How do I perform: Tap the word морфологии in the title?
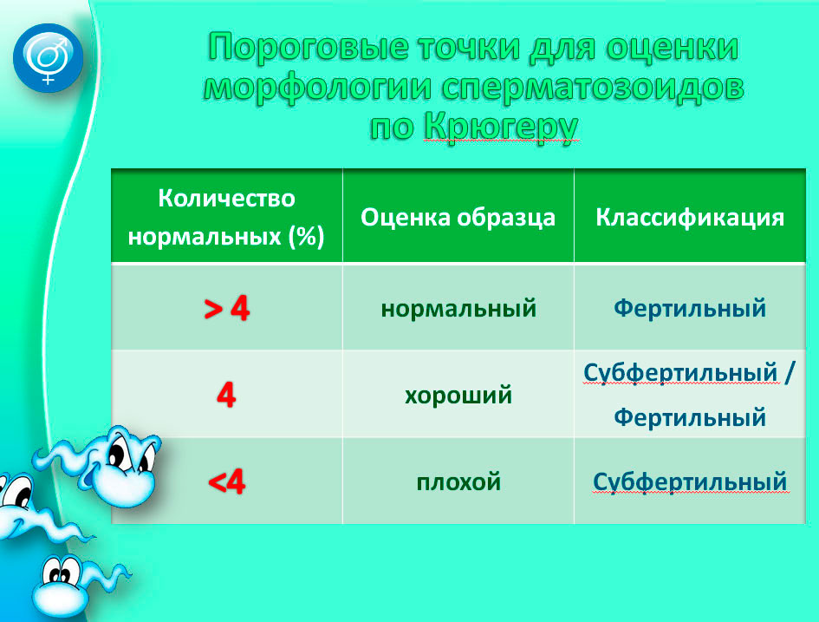point(320,88)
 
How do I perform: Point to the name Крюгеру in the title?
point(499,127)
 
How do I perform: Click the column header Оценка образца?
point(458,217)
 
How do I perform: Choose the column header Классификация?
point(689,217)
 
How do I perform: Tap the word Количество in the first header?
point(226,199)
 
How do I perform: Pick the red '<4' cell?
point(226,482)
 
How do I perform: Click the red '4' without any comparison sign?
point(226,396)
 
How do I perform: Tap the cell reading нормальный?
point(458,308)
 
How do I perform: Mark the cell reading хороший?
point(458,396)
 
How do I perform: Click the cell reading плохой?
point(458,481)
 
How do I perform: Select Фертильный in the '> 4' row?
point(690,308)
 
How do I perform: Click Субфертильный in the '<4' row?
point(690,481)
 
